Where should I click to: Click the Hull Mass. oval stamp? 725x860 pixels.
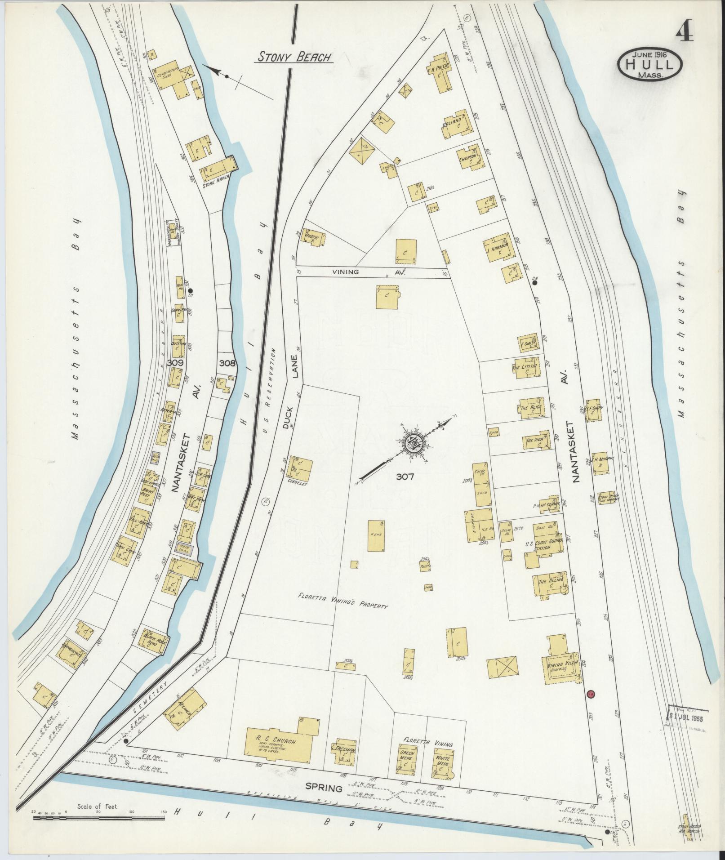(650, 65)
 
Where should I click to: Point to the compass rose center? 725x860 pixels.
(412, 443)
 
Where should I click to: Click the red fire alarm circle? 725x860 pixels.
(591, 694)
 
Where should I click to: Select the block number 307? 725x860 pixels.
(405, 477)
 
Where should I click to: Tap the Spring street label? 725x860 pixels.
(324, 788)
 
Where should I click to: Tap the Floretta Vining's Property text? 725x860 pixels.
(342, 601)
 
